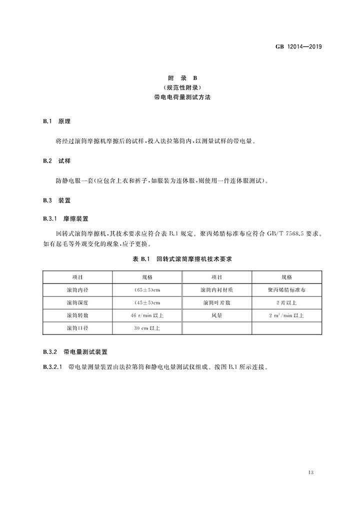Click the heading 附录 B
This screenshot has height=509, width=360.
(x=182, y=78)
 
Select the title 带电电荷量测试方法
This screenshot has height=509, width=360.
(x=182, y=97)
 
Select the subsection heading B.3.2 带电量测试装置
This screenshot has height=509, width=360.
(x=75, y=352)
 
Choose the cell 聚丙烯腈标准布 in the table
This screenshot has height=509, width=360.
(x=286, y=290)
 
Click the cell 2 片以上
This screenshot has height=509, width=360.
(x=286, y=303)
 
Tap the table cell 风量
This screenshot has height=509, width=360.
(x=216, y=316)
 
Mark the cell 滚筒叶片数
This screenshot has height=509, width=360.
(x=216, y=303)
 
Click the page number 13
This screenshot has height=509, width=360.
(x=311, y=472)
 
